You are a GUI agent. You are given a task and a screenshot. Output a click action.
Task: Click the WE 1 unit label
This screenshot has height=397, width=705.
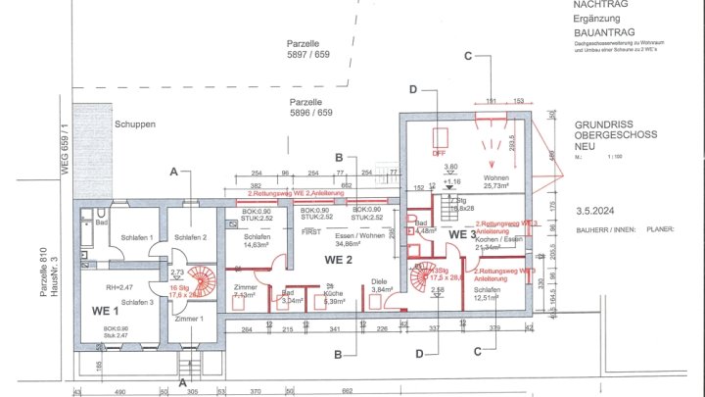coord(105,309)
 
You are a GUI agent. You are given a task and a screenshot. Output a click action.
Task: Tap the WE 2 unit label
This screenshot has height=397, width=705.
coord(339,259)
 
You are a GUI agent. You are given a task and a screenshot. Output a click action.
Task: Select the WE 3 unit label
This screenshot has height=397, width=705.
coord(462,235)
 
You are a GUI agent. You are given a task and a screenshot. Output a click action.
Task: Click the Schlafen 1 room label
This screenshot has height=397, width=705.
coord(135,238)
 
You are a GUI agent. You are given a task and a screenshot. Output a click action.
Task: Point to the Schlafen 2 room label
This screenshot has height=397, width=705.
coord(191,238)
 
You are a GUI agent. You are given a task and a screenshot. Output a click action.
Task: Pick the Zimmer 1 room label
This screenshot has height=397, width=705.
coord(188,319)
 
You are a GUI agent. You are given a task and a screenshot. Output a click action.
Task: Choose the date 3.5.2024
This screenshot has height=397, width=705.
coord(596,211)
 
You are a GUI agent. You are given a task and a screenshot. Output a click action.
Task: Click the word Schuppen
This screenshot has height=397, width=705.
coord(134,124)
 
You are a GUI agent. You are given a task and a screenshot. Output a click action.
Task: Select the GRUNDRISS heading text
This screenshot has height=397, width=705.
coord(606,125)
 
